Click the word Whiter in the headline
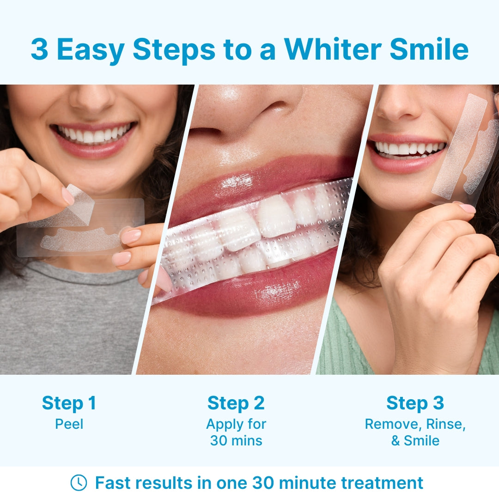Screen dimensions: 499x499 (x=333, y=49)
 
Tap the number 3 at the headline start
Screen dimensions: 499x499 (x=39, y=49)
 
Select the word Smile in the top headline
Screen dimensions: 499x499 (x=429, y=49)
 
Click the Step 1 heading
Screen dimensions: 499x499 (x=69, y=403)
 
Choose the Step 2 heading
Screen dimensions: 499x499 (x=236, y=403)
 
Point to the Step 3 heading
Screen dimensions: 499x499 (x=415, y=403)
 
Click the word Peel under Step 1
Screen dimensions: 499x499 (x=69, y=424)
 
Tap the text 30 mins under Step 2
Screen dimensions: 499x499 (x=236, y=441)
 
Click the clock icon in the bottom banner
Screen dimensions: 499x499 (x=78, y=483)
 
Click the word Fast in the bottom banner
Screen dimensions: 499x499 (x=112, y=483)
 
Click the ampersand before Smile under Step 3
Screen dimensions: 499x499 (x=396, y=441)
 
